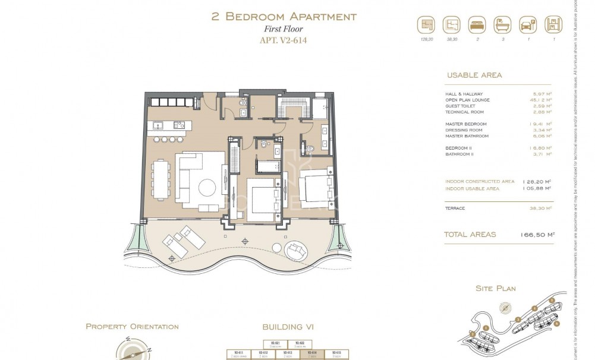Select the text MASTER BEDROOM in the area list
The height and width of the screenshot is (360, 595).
pyautogui.click(x=466, y=124)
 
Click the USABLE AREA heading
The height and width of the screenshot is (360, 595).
pyautogui.click(x=473, y=75)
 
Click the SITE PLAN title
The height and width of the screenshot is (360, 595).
pyautogui.click(x=495, y=289)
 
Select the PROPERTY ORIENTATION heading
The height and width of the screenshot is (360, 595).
pyautogui.click(x=132, y=327)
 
